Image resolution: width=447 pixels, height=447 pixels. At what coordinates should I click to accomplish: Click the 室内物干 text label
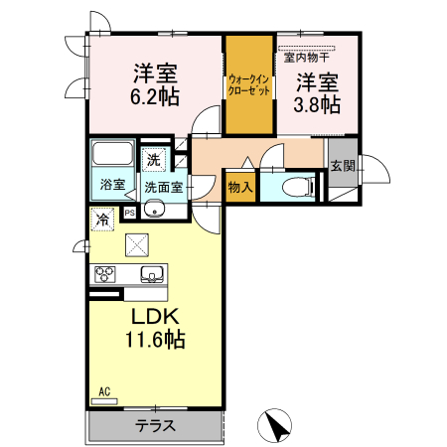[x=309, y=57]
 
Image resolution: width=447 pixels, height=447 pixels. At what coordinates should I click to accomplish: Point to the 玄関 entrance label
[x=343, y=166]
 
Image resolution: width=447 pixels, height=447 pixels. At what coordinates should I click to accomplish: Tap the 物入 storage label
[x=240, y=185]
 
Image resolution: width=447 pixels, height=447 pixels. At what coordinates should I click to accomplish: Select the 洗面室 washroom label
[x=162, y=186]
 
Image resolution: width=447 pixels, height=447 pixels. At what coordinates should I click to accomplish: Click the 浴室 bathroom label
[x=112, y=185]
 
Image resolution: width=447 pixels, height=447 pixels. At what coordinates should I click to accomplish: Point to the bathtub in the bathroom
[x=112, y=156]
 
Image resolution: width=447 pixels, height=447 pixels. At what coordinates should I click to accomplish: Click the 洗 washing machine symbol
[x=154, y=160]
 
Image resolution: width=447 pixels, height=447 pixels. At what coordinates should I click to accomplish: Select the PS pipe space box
[x=129, y=212]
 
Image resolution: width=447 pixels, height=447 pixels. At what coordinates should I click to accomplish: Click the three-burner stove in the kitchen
[x=105, y=274]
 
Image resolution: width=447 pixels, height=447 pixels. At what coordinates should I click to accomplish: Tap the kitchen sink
[x=152, y=274]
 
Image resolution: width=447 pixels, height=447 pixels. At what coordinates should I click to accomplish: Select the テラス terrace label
[x=157, y=426]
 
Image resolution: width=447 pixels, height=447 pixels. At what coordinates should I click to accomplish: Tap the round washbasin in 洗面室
[x=154, y=209]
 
